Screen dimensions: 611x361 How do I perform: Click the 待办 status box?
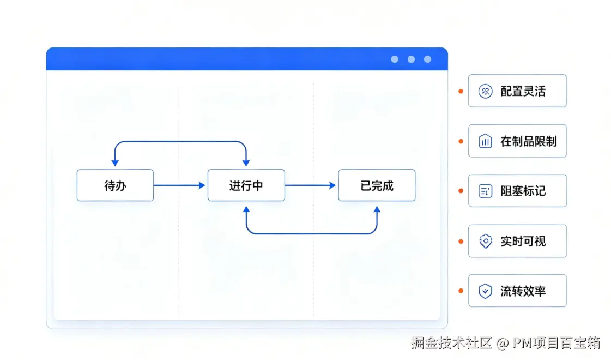115,185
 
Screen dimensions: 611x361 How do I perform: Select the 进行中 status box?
246,185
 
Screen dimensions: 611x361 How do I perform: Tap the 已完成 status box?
377,185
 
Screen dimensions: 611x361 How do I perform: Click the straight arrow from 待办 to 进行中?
179,185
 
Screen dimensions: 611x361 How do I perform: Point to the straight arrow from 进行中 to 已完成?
310,185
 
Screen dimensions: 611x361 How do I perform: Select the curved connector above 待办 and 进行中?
180,142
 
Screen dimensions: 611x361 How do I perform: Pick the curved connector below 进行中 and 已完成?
312,233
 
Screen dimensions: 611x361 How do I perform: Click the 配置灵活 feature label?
523,91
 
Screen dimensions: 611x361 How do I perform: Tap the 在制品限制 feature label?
528,141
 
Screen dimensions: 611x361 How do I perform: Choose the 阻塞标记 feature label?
523,191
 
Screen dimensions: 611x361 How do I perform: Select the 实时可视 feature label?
523,242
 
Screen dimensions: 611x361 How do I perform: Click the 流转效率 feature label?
523,291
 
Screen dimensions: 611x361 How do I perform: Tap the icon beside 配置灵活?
485,91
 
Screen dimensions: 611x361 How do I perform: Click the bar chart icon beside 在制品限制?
485,141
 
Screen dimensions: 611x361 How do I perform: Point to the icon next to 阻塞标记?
485,191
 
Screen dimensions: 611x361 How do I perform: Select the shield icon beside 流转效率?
485,291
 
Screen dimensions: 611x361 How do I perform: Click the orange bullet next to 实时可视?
461,242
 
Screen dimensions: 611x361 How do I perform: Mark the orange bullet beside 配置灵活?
461,91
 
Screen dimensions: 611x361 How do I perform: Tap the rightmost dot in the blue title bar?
427,59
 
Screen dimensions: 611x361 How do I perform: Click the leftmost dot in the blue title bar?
395,59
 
